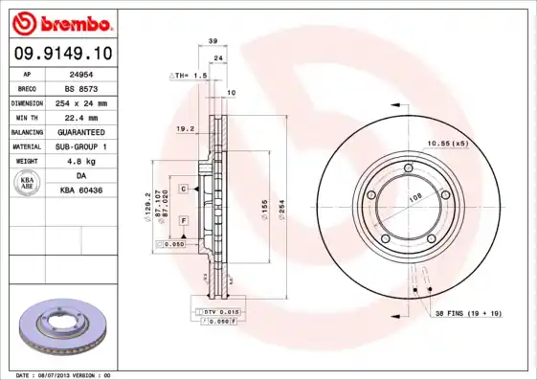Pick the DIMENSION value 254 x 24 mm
(78, 101)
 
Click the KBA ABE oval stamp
(28, 183)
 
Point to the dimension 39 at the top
(213, 42)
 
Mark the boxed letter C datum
(182, 190)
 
